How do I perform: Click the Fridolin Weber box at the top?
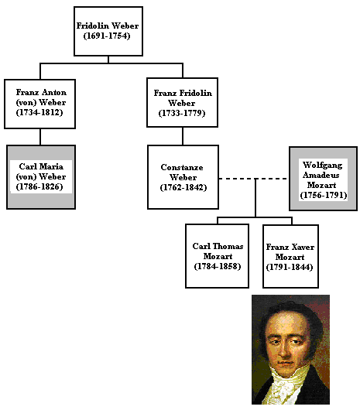coord(108,31)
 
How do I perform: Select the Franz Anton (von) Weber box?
coord(39,104)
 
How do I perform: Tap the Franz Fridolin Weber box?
coord(183,102)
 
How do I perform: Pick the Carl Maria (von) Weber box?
coord(41,177)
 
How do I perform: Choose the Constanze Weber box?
coord(183,177)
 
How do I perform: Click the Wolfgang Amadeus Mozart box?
coord(323,179)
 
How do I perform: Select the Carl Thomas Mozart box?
coord(217,256)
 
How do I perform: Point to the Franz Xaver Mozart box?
coord(290,256)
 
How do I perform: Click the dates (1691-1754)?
coord(107,36)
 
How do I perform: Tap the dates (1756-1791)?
coord(324,195)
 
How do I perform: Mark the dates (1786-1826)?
coord(39,186)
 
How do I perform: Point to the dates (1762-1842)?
coord(183,187)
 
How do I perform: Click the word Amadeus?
coord(321,175)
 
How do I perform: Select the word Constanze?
coord(182,167)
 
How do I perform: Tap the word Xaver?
coord(303,247)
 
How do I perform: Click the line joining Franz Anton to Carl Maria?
coord(40,137)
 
